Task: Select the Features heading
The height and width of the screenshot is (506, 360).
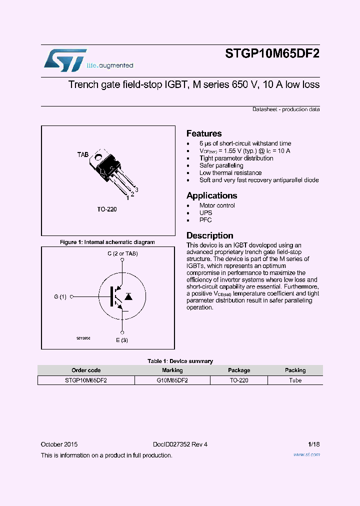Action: pos(204,133)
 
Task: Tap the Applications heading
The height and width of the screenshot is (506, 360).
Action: pos(211,195)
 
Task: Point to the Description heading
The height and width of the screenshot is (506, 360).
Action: pos(209,235)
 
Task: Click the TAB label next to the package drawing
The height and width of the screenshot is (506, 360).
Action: pos(82,155)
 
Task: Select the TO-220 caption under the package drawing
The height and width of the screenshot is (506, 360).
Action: pos(107,209)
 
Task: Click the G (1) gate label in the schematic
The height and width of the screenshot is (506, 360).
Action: pos(60,296)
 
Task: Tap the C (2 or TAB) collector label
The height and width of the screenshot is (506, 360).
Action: pos(122,253)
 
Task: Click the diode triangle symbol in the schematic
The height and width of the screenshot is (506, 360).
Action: pos(128,296)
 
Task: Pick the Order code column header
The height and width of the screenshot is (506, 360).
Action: pos(86,370)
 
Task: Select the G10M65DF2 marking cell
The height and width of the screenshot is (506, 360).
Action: pos(172,380)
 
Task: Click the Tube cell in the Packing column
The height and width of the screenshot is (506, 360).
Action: pos(295,380)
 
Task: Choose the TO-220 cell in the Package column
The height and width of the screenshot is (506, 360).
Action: pos(239,380)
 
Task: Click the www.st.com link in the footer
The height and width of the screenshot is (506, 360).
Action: pos(306,454)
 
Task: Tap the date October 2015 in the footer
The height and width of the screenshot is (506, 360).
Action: pos(59,444)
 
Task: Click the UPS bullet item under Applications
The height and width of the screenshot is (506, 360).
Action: pos(205,212)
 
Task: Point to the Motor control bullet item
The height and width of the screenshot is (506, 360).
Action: pos(217,205)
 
